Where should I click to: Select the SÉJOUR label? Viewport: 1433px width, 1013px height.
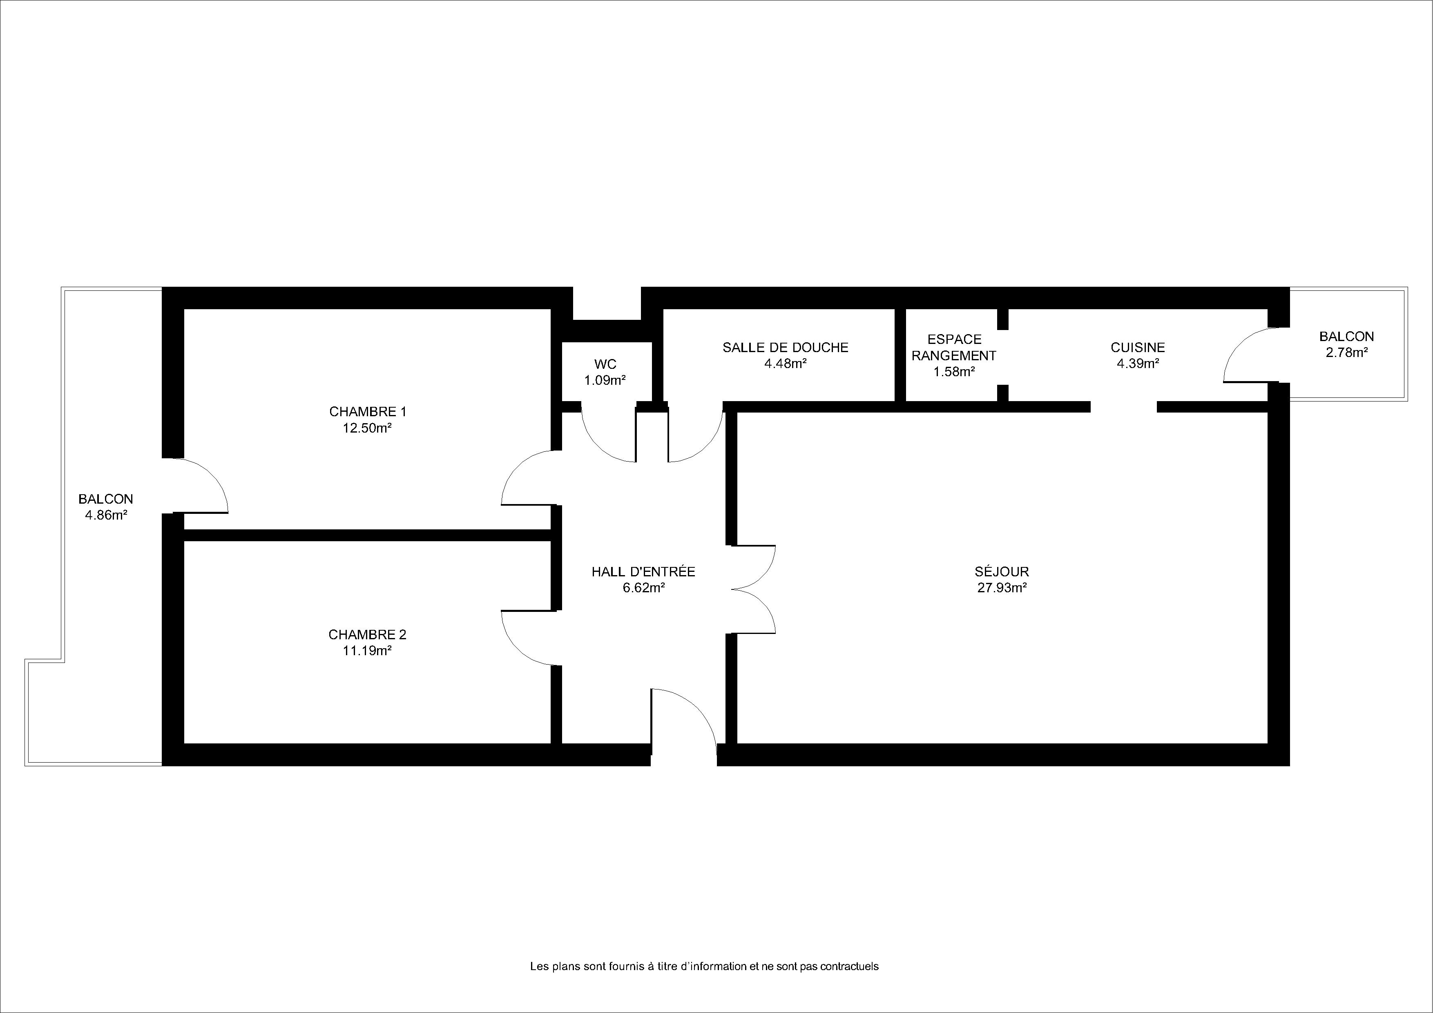1002,571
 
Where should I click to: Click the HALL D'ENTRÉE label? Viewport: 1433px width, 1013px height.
643,571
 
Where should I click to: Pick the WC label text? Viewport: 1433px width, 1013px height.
605,364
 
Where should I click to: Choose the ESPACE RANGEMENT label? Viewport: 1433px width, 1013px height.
954,348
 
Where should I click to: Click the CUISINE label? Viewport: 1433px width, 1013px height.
1138,348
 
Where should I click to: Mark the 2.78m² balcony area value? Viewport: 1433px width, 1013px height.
1347,353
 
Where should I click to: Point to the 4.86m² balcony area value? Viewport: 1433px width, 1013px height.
106,515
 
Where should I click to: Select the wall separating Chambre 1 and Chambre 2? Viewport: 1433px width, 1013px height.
367,535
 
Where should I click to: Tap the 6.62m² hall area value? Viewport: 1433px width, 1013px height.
643,587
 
